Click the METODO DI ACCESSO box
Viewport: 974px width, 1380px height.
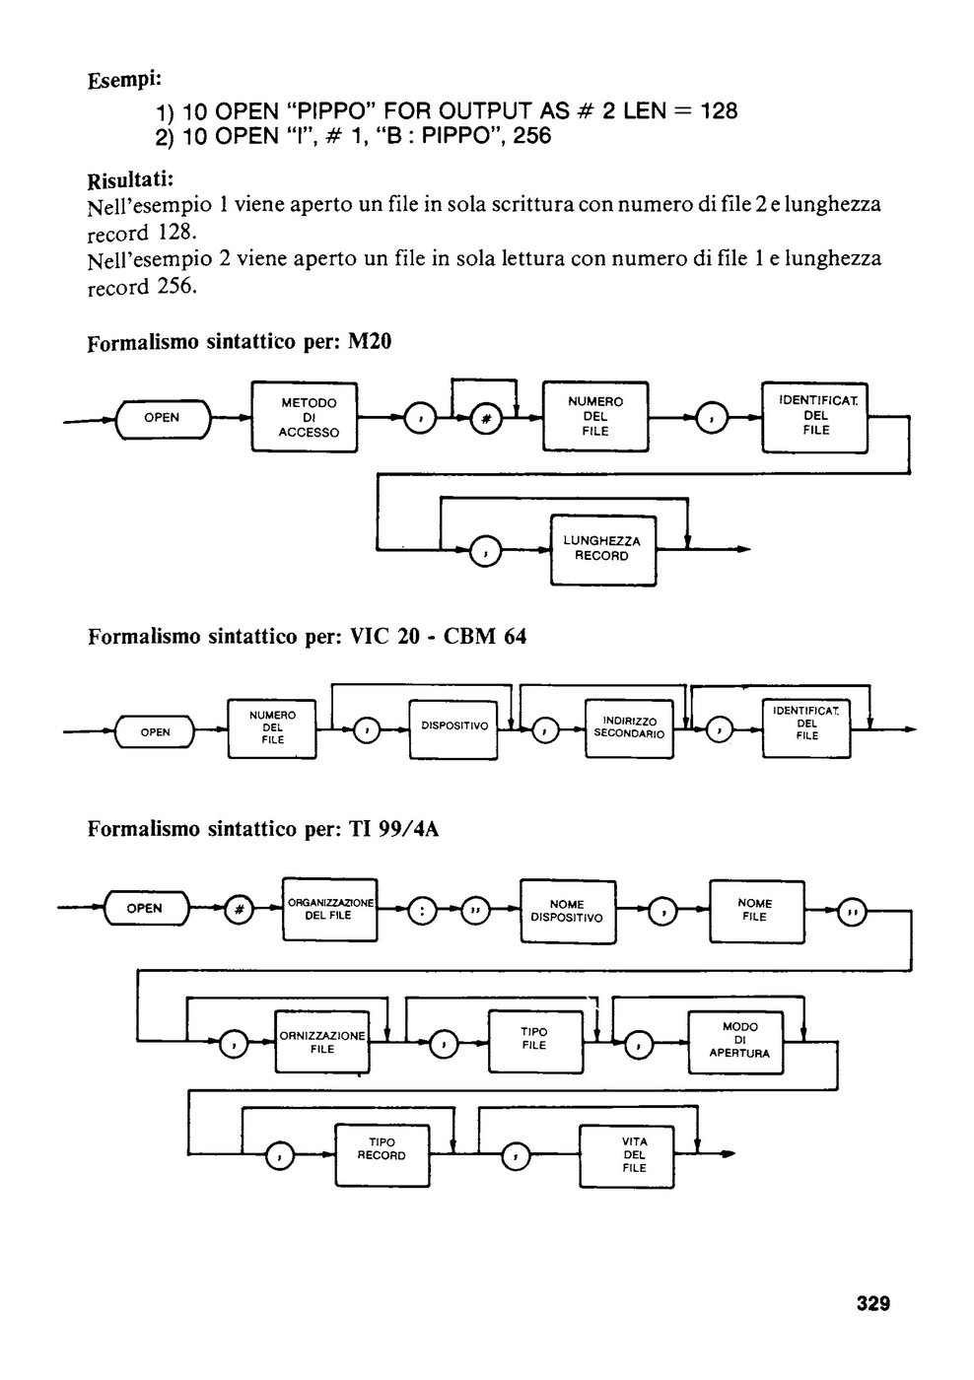coord(305,417)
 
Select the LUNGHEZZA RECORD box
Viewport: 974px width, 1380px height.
coord(603,550)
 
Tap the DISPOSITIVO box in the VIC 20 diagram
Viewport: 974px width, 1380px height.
coord(454,729)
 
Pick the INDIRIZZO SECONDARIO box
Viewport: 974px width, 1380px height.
coord(629,728)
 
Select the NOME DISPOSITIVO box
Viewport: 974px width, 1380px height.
coord(568,911)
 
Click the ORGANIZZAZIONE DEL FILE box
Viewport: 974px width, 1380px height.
coord(330,909)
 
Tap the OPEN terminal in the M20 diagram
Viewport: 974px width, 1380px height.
coord(164,418)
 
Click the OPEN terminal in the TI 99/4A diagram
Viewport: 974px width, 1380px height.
coord(147,908)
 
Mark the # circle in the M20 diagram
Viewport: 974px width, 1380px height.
coord(485,419)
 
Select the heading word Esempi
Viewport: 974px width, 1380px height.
coord(124,80)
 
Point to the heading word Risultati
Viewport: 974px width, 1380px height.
coord(130,180)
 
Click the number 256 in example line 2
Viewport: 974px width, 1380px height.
coord(532,136)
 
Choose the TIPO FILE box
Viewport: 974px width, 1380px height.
coord(535,1041)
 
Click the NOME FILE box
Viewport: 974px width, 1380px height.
coord(757,911)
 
